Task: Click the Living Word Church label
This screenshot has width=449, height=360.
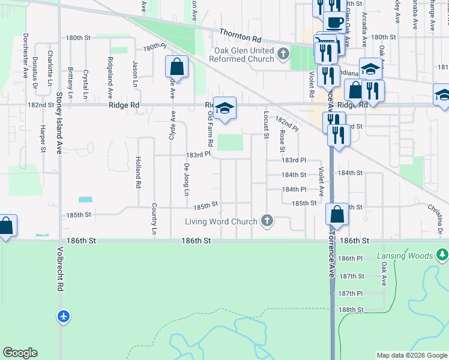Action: pyautogui.click(x=221, y=221)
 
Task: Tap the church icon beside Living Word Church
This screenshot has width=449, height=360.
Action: pyautogui.click(x=267, y=221)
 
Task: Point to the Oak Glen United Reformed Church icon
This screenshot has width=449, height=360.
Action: pyautogui.click(x=283, y=55)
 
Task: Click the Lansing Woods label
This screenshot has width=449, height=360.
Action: pyautogui.click(x=405, y=256)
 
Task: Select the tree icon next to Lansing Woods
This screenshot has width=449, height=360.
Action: pyautogui.click(x=442, y=256)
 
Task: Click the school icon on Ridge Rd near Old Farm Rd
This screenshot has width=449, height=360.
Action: pyautogui.click(x=225, y=109)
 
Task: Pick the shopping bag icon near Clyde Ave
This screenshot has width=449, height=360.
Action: pyautogui.click(x=177, y=67)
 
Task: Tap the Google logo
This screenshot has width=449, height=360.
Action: pyautogui.click(x=20, y=353)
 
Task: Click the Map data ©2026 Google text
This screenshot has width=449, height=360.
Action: pyautogui.click(x=411, y=355)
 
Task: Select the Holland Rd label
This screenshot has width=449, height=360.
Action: pyautogui.click(x=137, y=173)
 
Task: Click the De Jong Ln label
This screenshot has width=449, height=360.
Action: pyautogui.click(x=186, y=179)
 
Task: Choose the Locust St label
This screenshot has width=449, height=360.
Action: pyautogui.click(x=266, y=124)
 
